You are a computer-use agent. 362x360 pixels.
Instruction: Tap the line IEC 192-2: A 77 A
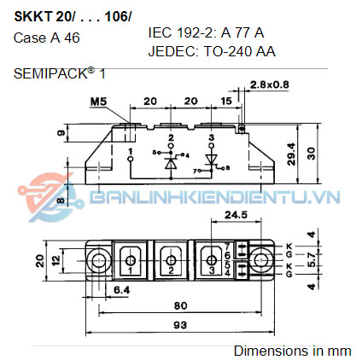pos(206,32)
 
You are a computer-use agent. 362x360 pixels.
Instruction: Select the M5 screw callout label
pos(123,102)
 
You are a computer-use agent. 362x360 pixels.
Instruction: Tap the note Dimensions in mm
pos(292,351)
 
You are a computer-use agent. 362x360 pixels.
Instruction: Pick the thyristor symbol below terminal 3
pos(213,160)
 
